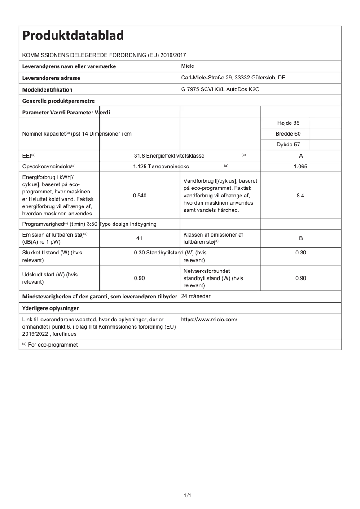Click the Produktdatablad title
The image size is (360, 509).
tap(73, 36)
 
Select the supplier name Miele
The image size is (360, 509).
tap(188, 66)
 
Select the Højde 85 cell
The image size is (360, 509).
tap(285, 123)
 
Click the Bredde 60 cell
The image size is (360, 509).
tap(285, 134)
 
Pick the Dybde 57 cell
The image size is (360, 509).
tap(285, 145)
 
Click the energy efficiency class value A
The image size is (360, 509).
tap(301, 156)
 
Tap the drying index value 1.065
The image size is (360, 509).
tap(301, 167)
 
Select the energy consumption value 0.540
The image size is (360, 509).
tap(139, 196)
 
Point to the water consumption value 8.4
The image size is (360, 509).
tap(301, 196)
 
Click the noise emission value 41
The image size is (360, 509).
tap(139, 238)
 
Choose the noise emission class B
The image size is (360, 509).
tap(301, 238)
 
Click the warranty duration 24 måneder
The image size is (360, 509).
tap(196, 297)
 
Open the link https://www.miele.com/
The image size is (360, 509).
tap(209, 320)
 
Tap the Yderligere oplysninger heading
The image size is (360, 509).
tap(51, 308)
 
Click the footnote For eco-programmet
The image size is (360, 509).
tap(50, 345)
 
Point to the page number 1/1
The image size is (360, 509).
tap(188, 495)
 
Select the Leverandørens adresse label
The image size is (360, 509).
tap(52, 78)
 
